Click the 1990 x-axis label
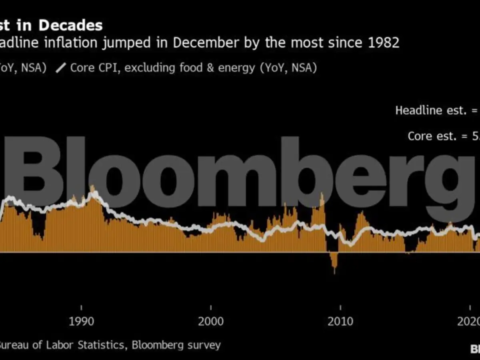click(x=81, y=321)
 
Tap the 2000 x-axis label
click(x=211, y=321)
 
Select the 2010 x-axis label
click(x=340, y=321)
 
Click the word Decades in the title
click(x=70, y=26)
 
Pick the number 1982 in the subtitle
click(x=384, y=42)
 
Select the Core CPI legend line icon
click(x=61, y=68)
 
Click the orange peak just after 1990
click(x=93, y=189)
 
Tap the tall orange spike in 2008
click(x=322, y=197)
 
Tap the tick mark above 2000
click(x=211, y=307)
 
